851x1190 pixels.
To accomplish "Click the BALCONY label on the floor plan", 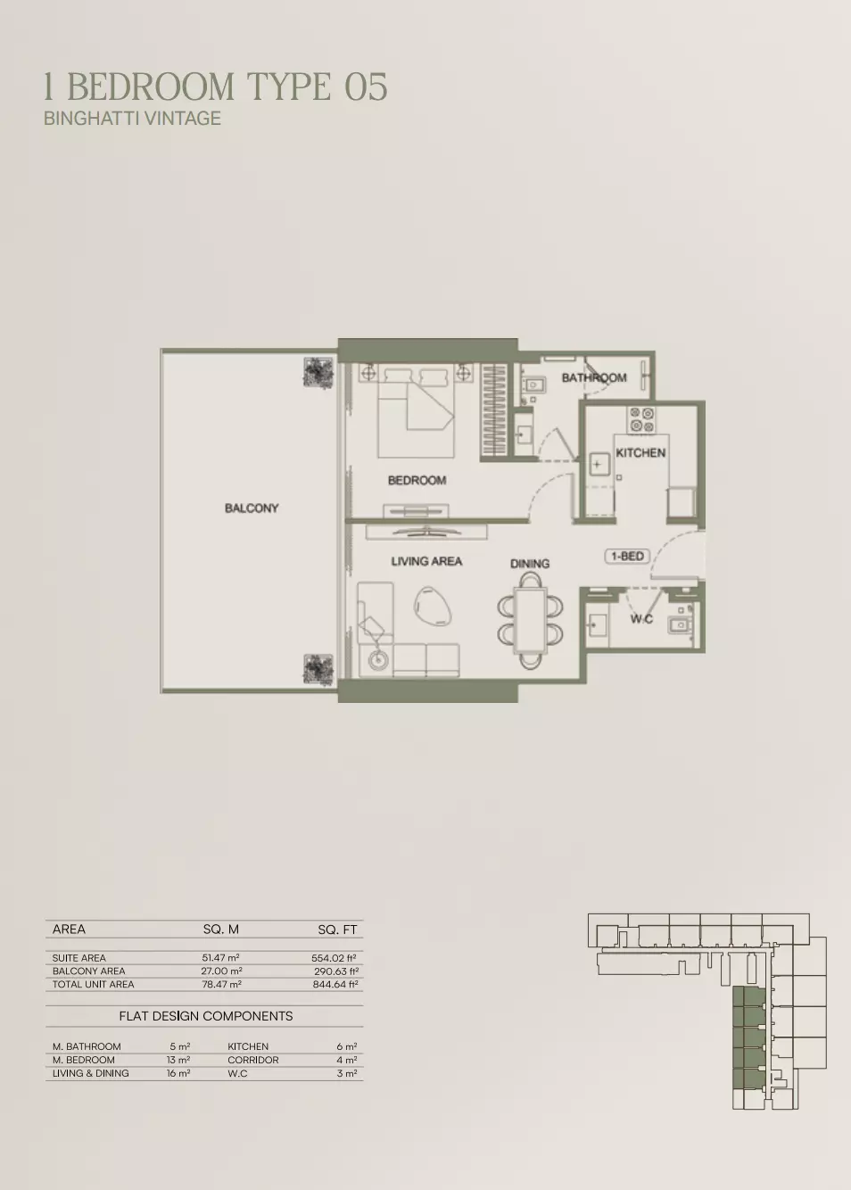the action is click(252, 508).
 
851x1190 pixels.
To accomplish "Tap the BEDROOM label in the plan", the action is click(417, 480).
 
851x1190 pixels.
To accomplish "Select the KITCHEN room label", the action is click(640, 452).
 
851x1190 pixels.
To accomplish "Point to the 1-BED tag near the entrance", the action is click(627, 557).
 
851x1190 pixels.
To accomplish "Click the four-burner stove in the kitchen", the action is click(641, 419).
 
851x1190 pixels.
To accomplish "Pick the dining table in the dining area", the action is click(530, 621).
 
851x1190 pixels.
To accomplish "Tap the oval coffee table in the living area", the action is click(433, 604).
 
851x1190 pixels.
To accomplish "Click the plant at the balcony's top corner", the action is click(318, 373).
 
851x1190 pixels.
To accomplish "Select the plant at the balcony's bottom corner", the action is click(318, 669).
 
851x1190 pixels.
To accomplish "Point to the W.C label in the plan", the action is click(641, 619).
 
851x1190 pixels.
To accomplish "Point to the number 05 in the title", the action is click(366, 87).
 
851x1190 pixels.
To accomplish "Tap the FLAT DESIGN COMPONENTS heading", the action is click(205, 1016).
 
